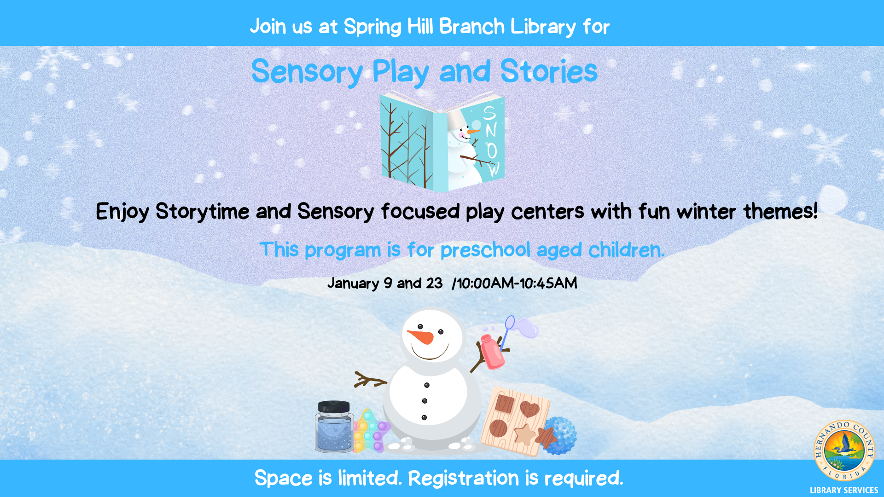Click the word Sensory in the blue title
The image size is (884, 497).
[x=307, y=72]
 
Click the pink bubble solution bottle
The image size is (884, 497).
[x=492, y=352]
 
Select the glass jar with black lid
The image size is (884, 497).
[x=334, y=427]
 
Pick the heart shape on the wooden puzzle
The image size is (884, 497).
[x=529, y=409]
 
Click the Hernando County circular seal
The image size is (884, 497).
[x=844, y=451]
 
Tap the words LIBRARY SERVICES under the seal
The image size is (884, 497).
[x=844, y=490]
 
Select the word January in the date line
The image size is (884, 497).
[x=353, y=283]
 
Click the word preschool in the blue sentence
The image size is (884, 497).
[x=485, y=250]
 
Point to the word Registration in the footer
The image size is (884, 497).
[x=464, y=479]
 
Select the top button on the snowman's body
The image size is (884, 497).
[x=427, y=385]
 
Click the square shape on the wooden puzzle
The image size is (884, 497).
[x=505, y=404]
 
